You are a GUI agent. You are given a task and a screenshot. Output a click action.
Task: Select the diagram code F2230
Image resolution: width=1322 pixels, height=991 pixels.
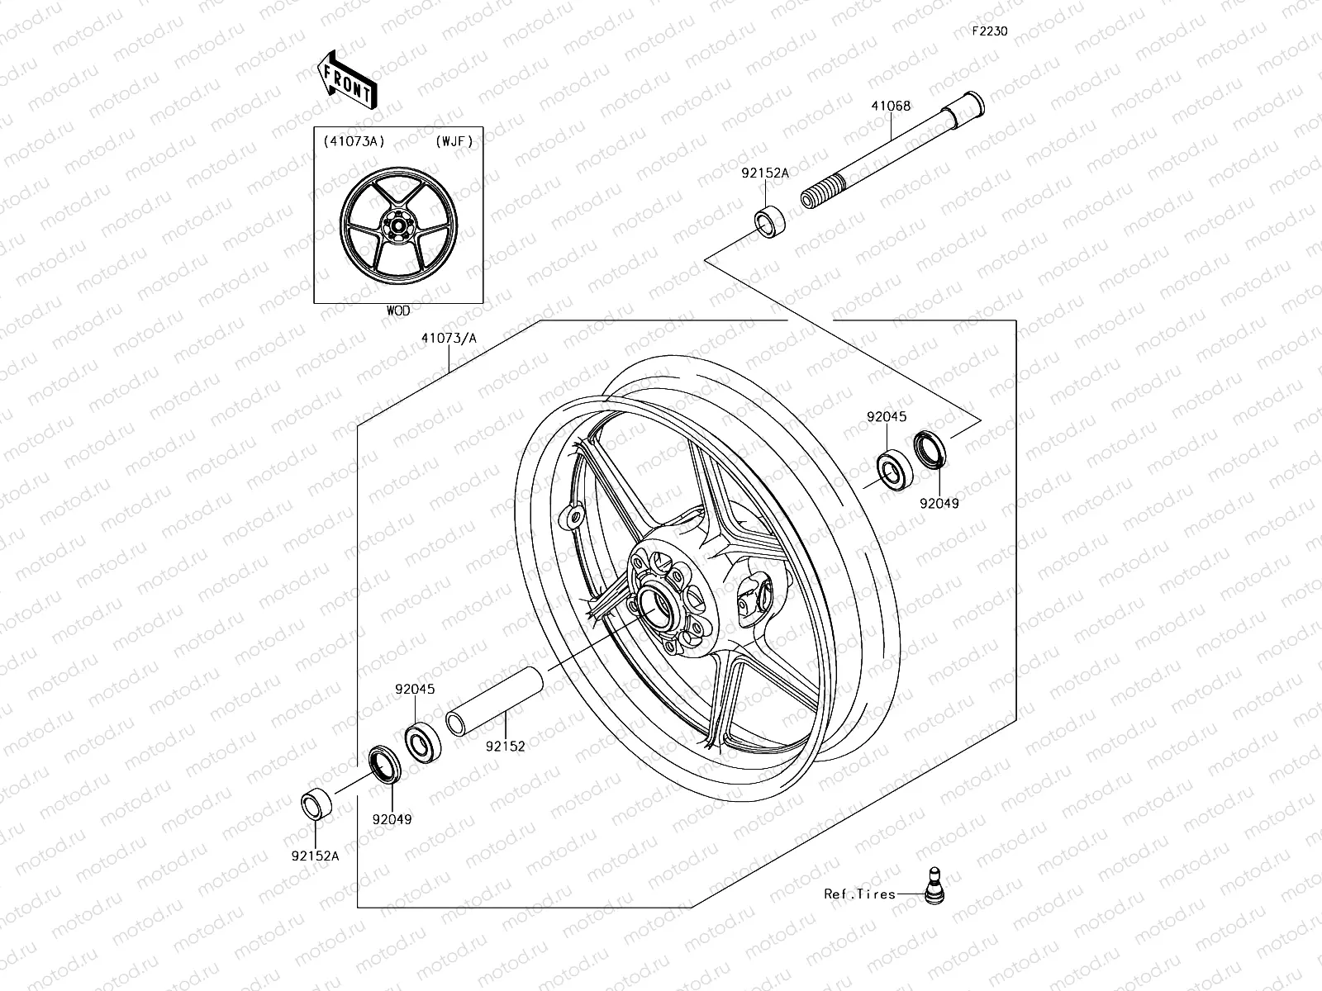click(x=989, y=32)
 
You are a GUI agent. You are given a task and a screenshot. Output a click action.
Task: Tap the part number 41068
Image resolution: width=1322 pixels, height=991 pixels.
click(x=890, y=106)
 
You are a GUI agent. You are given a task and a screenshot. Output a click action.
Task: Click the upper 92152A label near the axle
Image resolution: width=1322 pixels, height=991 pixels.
click(x=765, y=173)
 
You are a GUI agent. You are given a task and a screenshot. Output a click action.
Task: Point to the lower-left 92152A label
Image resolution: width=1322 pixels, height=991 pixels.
click(x=315, y=856)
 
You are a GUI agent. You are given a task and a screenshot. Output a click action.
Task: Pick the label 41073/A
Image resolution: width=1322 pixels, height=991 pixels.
click(x=449, y=338)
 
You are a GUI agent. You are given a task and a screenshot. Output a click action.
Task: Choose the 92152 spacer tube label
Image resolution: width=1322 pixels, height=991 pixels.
click(x=506, y=746)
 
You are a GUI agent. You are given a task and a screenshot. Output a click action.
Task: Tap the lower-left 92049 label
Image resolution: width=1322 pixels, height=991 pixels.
click(x=392, y=819)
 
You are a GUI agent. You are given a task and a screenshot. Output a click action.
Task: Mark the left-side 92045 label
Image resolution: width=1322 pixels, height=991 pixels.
click(x=415, y=689)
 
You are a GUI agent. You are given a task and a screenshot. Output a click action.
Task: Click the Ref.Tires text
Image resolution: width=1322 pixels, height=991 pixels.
click(x=859, y=894)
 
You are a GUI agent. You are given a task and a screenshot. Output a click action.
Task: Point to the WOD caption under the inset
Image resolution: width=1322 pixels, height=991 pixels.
click(x=397, y=311)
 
